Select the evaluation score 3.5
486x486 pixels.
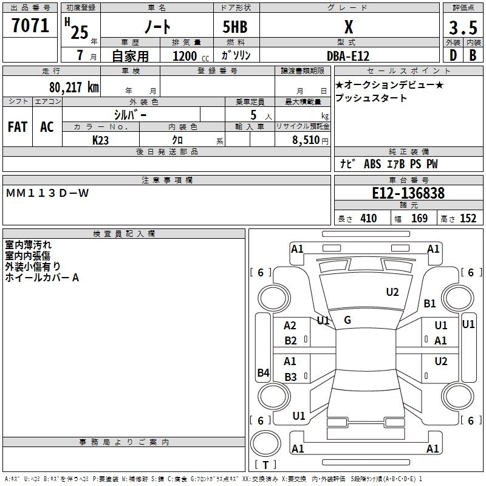point(462,29)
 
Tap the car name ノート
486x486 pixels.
point(157,27)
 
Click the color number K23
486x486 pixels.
point(101,140)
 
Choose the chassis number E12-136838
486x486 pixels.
point(408,194)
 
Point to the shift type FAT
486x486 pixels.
point(17,126)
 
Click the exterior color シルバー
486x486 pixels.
point(130,114)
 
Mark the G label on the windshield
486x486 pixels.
point(347,320)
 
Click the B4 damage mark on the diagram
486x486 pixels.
point(263,373)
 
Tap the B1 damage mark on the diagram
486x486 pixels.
point(430,303)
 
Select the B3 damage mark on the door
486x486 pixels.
point(291,377)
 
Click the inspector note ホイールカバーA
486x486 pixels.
point(42,278)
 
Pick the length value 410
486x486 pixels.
point(368,219)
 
